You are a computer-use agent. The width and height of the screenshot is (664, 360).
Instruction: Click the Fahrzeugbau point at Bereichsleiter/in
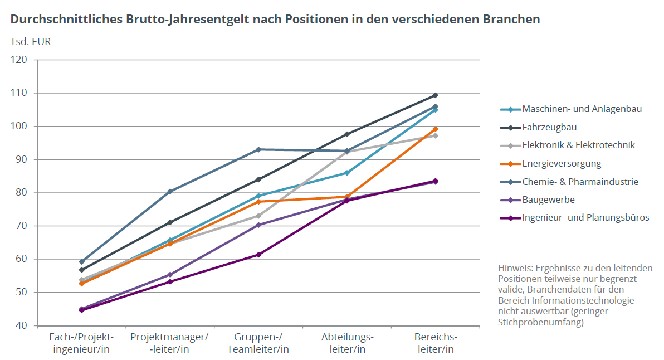[x=435, y=95]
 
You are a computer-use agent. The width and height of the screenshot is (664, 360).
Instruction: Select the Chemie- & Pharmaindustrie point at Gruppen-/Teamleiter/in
[x=258, y=149]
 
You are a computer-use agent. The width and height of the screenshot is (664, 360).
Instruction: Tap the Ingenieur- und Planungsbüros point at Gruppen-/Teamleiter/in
[x=258, y=255]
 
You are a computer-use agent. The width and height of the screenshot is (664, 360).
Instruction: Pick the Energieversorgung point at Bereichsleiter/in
[x=435, y=129]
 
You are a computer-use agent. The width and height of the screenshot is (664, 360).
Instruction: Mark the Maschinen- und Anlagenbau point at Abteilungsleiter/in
[x=347, y=173]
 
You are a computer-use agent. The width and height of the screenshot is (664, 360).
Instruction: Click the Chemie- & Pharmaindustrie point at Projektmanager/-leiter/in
[x=170, y=192]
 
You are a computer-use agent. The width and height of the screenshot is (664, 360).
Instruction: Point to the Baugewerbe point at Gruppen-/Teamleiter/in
[x=258, y=225]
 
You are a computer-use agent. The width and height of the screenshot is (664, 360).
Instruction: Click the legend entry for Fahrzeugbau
[x=549, y=127]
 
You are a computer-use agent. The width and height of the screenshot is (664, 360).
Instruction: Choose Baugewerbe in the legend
[x=548, y=200]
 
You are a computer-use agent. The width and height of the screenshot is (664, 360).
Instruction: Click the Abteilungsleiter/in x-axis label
[x=347, y=343]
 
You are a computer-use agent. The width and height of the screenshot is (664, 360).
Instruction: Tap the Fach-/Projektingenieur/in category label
[x=81, y=343]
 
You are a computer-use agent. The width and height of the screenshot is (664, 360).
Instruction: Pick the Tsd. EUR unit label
[x=31, y=42]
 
